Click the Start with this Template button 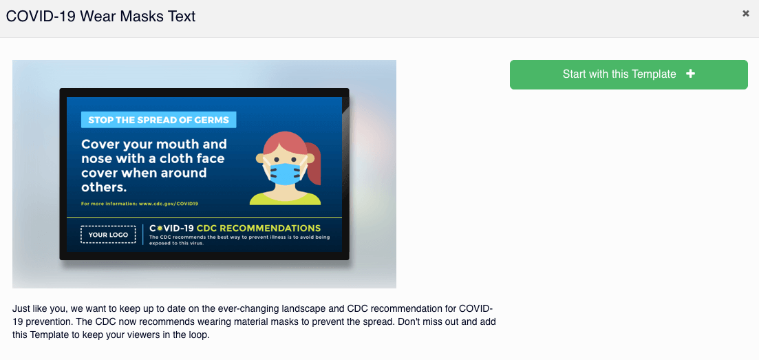pos(628,74)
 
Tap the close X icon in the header pos(746,14)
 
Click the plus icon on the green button pos(691,74)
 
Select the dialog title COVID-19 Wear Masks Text pos(100,17)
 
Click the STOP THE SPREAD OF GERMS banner pos(159,120)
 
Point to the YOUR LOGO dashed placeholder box pos(109,235)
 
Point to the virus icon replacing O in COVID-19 pos(160,229)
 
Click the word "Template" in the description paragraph pos(48,335)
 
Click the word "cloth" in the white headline pos(175,158)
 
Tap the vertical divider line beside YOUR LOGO pos(143,235)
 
